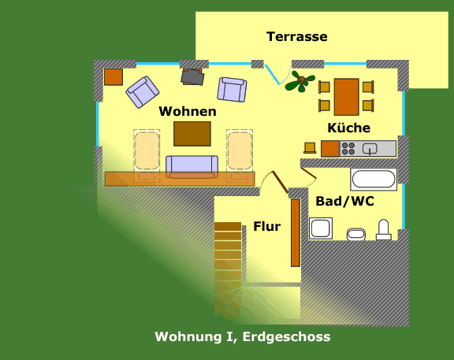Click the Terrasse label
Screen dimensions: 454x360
[x=297, y=37]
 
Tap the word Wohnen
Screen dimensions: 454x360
[x=188, y=111]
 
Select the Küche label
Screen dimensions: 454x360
[x=349, y=128]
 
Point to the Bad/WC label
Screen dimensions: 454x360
[x=345, y=201]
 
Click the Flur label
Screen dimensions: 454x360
[x=267, y=226]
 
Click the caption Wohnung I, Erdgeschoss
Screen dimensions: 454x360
[x=243, y=336]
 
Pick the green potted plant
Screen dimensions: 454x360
[x=300, y=81]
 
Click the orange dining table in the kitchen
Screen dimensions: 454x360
[x=347, y=97]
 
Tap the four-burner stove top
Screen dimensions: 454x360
[x=348, y=148]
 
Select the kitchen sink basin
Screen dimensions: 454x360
[x=370, y=149]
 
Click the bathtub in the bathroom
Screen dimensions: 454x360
[x=374, y=179]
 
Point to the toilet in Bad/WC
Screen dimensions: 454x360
[x=384, y=230]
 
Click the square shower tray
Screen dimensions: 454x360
[x=321, y=228]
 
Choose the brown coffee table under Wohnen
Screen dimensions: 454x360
[x=192, y=134]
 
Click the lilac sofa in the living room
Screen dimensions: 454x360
[x=192, y=167]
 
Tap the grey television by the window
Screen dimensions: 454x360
[x=192, y=76]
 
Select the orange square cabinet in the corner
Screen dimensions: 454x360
[x=113, y=77]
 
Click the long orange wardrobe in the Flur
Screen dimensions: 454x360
[x=296, y=232]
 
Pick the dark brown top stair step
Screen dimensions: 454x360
[x=228, y=226]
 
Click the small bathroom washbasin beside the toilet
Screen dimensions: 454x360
[x=356, y=234]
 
